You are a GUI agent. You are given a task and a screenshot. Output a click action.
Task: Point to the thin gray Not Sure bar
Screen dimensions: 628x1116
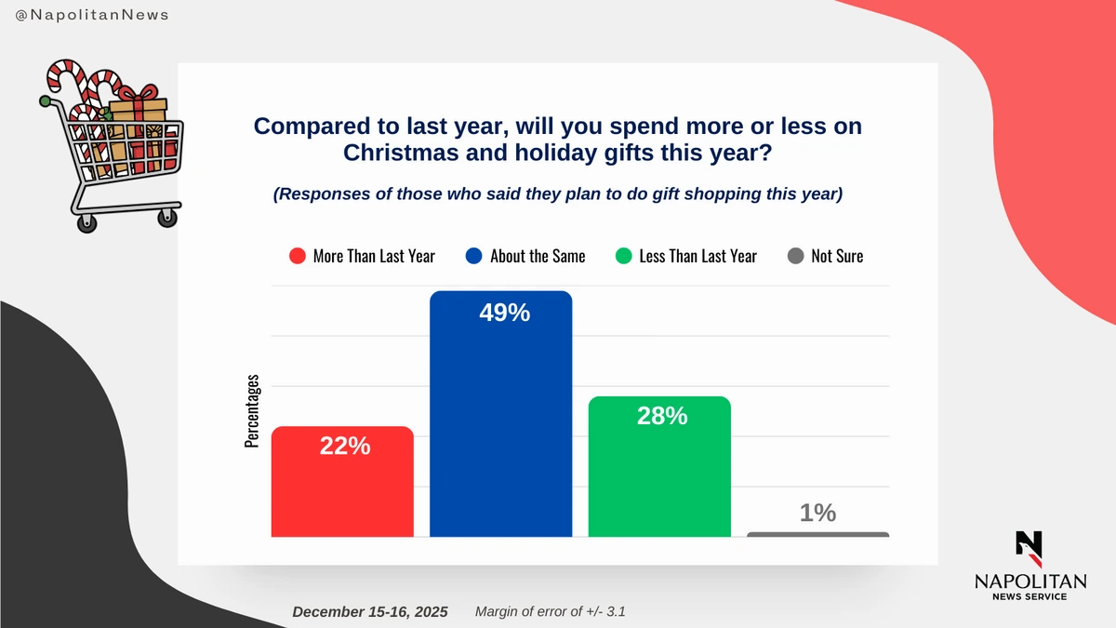[817, 534]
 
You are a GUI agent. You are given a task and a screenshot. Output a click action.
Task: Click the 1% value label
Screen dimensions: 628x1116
[817, 513]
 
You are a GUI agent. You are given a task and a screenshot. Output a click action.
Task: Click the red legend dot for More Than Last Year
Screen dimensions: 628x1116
[298, 256]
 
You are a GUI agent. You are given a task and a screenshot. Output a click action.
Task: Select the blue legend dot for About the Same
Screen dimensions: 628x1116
[474, 256]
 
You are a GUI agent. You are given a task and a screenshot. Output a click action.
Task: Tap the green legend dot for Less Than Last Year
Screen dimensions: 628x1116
[623, 256]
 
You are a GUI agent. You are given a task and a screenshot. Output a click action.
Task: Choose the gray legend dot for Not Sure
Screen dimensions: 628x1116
[795, 256]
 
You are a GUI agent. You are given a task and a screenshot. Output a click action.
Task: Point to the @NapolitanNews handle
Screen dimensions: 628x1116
[92, 16]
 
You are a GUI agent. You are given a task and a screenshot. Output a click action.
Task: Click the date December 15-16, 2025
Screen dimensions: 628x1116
[369, 612]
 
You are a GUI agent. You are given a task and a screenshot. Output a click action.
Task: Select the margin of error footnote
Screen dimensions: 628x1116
[556, 612]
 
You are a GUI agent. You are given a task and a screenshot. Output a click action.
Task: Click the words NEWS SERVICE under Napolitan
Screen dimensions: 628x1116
[1030, 596]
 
